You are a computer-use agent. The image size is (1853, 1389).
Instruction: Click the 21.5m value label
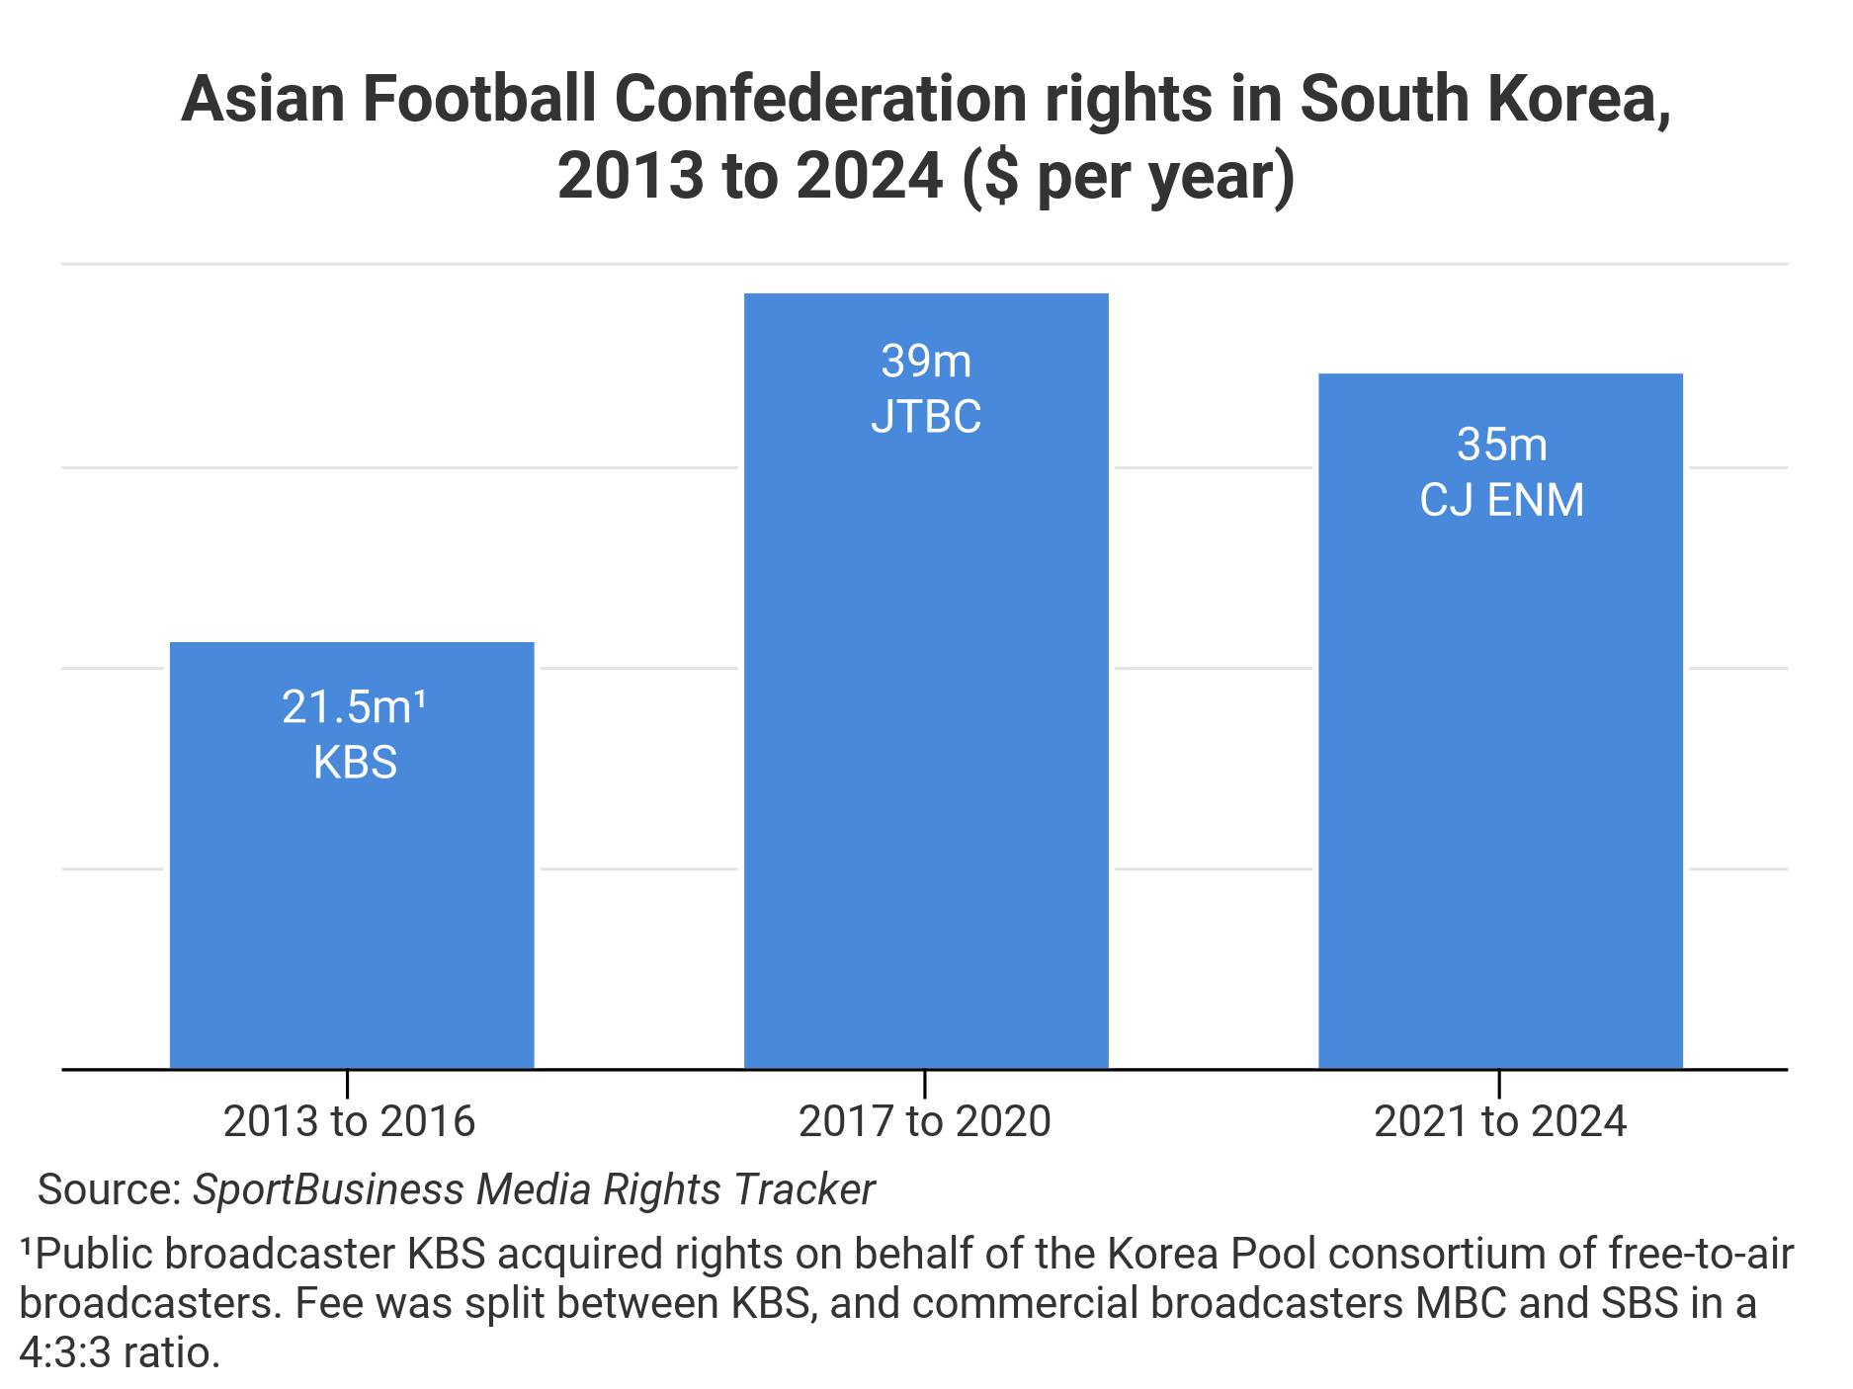[354, 707]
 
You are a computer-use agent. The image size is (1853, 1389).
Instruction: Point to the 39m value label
[926, 362]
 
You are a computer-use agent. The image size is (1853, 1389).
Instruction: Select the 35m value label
[1501, 445]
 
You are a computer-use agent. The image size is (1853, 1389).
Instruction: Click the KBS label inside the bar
[355, 763]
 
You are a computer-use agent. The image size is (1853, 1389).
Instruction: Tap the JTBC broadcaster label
[926, 416]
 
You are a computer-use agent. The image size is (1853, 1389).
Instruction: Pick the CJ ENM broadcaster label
[1501, 500]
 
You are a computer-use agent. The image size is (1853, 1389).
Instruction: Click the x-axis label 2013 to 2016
[349, 1121]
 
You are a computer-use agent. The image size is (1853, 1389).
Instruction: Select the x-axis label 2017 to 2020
[924, 1121]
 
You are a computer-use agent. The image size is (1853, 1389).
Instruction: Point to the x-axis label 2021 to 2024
[1499, 1121]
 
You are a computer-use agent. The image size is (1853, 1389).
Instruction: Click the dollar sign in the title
[1001, 178]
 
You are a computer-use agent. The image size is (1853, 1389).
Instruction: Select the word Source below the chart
[107, 1189]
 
